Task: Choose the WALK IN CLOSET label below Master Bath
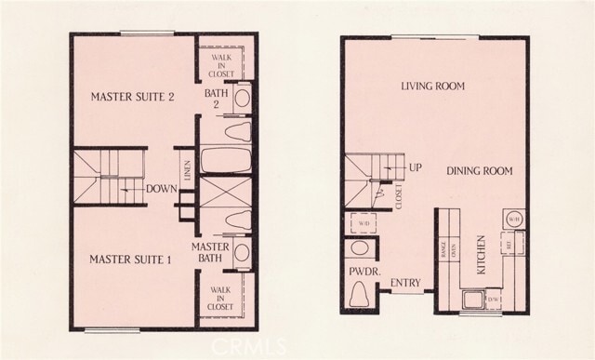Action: pos(221,297)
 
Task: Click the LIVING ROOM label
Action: pos(432,87)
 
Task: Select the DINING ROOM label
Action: pos(480,171)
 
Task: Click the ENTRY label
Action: pos(407,284)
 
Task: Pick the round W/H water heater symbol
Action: pos(513,220)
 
